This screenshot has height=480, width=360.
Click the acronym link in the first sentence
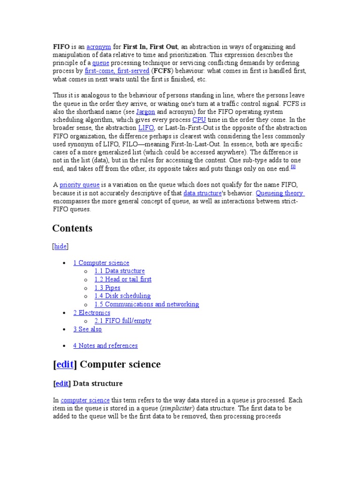(98, 47)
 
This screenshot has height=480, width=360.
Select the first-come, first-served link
(117, 71)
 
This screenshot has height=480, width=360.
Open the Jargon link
(145, 112)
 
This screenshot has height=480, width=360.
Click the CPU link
(199, 120)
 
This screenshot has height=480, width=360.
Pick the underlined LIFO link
(146, 127)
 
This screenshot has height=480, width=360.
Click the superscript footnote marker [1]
(293, 167)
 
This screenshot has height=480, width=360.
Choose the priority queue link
(80, 185)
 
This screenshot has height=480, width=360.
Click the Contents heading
(72, 228)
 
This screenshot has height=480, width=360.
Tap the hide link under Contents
(60, 246)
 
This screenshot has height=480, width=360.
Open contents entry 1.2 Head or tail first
(123, 279)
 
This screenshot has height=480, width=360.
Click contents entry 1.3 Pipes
(107, 288)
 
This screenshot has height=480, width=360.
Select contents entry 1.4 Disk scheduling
(122, 296)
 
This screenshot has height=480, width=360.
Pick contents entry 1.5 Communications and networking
(147, 304)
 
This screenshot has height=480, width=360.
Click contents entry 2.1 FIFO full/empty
(123, 321)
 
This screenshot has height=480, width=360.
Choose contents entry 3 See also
(87, 329)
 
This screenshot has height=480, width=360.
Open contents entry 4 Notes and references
(105, 345)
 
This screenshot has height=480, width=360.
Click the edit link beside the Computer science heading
(66, 365)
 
